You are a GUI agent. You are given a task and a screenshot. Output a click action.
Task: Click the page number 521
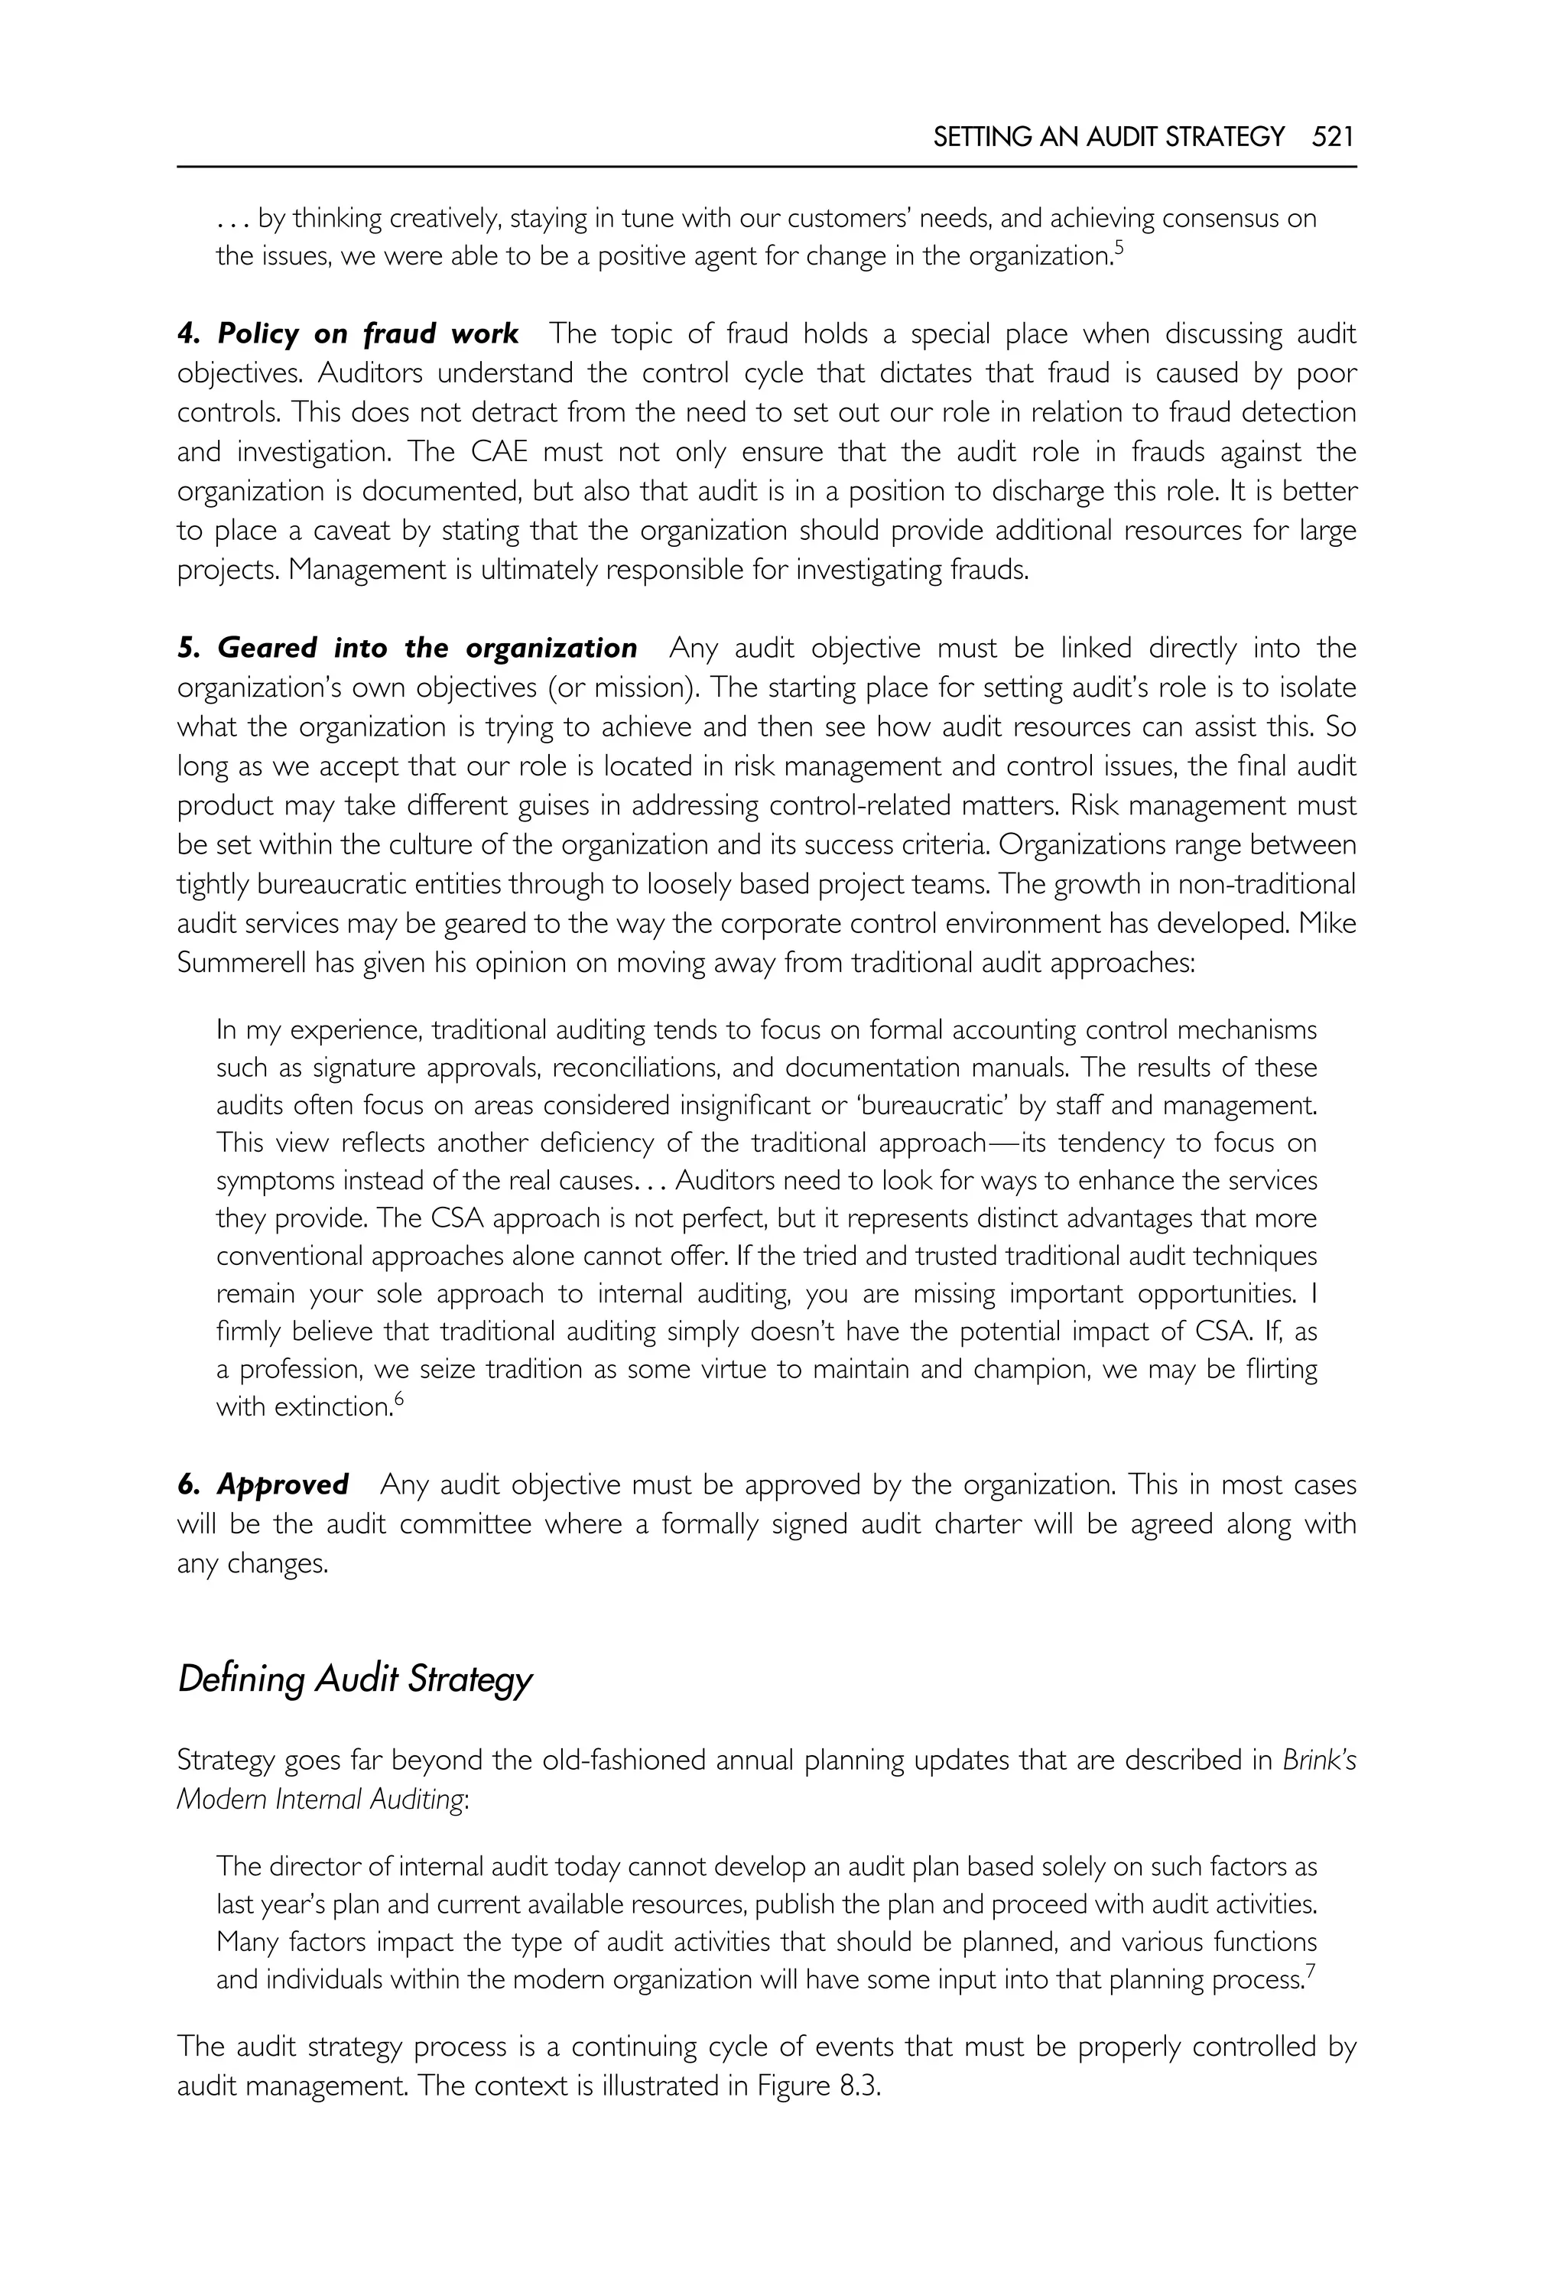pyautogui.click(x=1333, y=136)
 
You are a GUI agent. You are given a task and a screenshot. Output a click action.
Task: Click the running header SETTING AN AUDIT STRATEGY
pyautogui.click(x=1108, y=136)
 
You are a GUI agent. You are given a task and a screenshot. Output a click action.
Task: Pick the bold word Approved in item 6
pyautogui.click(x=283, y=1484)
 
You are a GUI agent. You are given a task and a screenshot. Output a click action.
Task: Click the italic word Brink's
pyautogui.click(x=1319, y=1760)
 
